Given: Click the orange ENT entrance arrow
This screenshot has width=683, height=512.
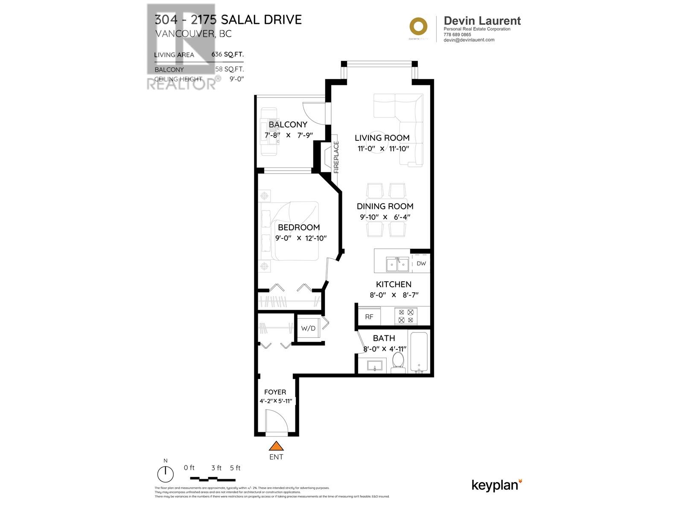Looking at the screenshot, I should point(276,446).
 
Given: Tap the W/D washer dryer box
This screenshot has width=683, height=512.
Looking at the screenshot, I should point(308,328).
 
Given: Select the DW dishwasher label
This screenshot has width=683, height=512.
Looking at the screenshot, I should point(421,263).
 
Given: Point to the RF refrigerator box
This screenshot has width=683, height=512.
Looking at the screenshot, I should point(369,317).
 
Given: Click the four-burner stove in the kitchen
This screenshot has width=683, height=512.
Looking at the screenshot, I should point(406,316).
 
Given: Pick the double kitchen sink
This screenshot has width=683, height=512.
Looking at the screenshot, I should point(397,265).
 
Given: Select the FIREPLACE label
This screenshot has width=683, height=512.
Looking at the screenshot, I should point(336,157).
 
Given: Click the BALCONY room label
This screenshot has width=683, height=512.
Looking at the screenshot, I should point(288,125).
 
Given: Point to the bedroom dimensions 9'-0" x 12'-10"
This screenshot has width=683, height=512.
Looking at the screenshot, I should point(301,238).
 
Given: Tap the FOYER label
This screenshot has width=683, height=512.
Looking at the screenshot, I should point(275,392).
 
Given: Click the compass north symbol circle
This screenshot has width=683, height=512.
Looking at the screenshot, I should point(166,474).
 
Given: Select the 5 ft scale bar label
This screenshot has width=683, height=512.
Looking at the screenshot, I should point(235,468).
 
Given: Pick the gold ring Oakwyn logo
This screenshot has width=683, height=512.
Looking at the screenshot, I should point(418,26).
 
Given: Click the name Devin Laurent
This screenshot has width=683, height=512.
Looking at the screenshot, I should point(482,20).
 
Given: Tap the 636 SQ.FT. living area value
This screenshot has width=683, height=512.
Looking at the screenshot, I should point(228,54).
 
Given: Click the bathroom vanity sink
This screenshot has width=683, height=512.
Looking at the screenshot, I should point(374,366).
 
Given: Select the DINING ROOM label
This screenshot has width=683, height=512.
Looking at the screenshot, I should point(385,206).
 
